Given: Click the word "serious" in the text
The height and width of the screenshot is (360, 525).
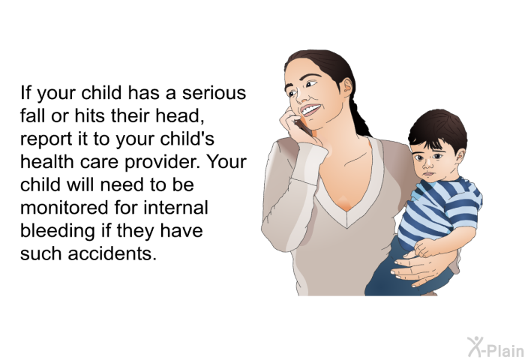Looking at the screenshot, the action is (x=214, y=93).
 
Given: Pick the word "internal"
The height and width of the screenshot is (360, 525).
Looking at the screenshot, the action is (x=176, y=207).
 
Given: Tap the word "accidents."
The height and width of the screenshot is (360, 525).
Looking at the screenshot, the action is (x=112, y=253).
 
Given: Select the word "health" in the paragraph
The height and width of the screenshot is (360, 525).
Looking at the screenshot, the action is (x=47, y=162).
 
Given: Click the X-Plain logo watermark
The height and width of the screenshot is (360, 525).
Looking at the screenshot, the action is (x=495, y=347).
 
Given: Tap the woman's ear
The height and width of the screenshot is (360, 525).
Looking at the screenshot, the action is (x=347, y=87).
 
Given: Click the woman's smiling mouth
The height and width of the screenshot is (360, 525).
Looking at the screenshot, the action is (x=310, y=109).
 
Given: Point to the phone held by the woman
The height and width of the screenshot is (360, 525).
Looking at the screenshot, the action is (x=303, y=127).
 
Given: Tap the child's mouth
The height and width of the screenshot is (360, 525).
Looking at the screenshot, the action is (x=428, y=174).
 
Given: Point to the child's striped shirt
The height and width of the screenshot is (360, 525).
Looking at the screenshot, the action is (x=440, y=211).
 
